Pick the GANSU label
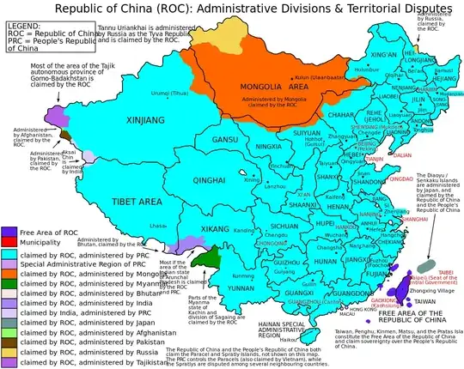226,139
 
